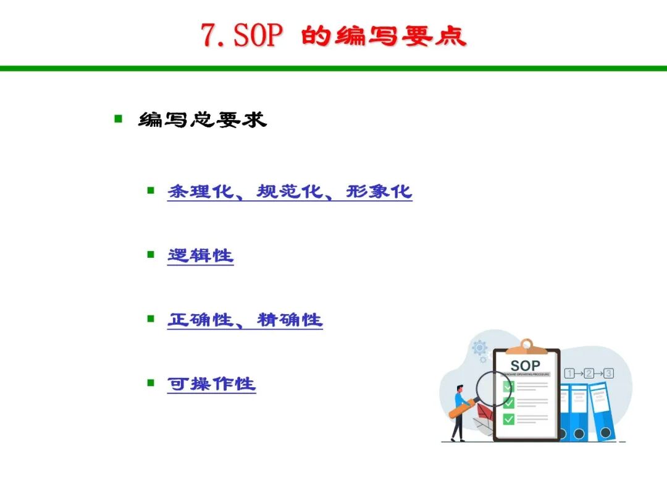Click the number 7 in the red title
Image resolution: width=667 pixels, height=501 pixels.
click(209, 35)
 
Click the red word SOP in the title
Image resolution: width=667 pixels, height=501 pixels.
click(258, 35)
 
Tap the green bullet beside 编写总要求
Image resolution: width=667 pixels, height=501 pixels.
click(118, 118)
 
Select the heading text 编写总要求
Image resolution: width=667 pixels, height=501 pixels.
click(203, 120)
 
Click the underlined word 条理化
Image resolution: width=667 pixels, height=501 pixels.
click(200, 192)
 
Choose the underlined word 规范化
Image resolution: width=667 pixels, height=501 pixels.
click(289, 192)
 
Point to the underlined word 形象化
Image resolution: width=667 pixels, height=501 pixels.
click(379, 192)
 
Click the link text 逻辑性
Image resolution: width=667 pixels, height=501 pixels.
click(200, 255)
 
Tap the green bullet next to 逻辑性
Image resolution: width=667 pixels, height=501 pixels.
click(151, 254)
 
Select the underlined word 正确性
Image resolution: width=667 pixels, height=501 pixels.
click(200, 320)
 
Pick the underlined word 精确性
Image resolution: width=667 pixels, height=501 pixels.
click(290, 320)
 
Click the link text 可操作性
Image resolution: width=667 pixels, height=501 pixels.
click(211, 384)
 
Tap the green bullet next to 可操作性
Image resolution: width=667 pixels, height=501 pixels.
click(151, 383)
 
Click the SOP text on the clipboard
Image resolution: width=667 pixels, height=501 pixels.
click(525, 366)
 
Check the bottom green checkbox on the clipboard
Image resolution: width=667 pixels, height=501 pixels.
click(509, 419)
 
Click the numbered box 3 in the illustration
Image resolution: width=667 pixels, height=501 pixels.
click(609, 374)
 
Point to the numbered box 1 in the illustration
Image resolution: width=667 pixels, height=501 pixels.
click(569, 374)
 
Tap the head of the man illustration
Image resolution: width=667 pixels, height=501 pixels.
click(459, 390)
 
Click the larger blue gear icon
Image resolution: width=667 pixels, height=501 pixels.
click(479, 348)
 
